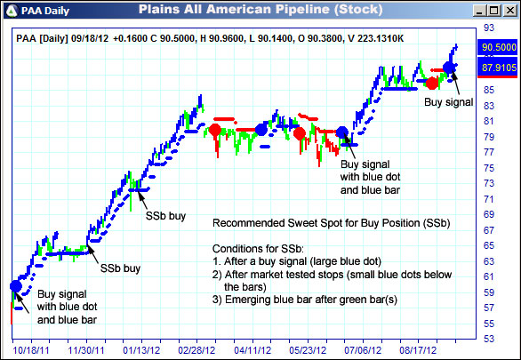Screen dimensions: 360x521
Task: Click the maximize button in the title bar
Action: click(493, 11)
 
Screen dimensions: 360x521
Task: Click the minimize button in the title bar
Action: click(480, 11)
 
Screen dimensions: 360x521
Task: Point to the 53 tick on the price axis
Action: click(488, 339)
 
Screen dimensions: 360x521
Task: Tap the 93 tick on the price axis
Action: click(488, 28)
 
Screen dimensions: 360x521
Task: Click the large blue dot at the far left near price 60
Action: click(15, 285)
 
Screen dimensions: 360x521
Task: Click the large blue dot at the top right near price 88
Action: click(449, 68)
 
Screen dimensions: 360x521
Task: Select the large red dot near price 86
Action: click(432, 83)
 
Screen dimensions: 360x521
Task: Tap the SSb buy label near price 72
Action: click(165, 216)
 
